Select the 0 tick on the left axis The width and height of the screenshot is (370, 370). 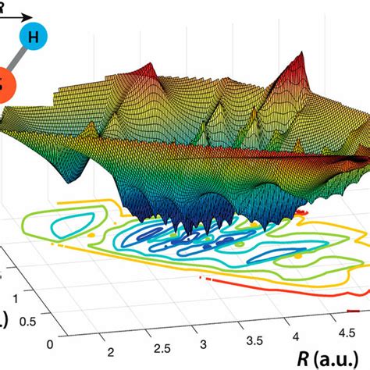pos(52,344)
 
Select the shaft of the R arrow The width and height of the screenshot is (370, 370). pos(16,16)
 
